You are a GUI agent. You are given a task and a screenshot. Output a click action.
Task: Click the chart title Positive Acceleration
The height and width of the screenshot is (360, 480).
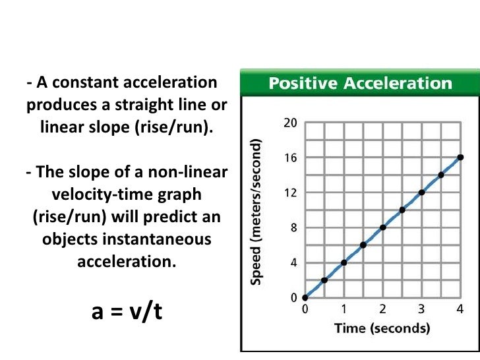point(359,84)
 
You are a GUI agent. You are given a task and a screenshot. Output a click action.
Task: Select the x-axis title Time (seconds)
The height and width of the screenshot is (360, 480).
point(382,328)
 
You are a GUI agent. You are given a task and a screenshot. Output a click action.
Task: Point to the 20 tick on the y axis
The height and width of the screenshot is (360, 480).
point(291,123)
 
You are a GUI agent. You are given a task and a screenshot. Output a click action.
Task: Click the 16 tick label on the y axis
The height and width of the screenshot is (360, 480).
point(291,158)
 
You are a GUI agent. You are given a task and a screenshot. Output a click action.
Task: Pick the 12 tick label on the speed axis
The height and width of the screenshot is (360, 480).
point(291,193)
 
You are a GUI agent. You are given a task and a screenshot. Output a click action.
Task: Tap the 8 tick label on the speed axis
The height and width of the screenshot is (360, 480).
point(293,228)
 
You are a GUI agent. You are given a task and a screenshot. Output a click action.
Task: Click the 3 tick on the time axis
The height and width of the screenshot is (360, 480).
point(421,309)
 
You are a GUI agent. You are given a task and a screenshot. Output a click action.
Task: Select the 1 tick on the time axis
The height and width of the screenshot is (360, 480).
point(344,309)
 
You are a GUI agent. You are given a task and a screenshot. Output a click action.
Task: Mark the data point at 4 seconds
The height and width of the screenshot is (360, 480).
point(460,158)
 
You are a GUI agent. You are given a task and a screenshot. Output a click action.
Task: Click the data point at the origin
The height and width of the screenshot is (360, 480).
point(305,297)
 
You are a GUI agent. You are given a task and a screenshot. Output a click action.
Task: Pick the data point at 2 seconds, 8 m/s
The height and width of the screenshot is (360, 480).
point(382,227)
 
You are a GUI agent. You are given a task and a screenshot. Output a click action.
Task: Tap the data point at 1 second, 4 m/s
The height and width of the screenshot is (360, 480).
point(344,262)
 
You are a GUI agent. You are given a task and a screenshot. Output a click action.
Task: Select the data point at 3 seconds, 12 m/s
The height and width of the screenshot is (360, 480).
point(421,193)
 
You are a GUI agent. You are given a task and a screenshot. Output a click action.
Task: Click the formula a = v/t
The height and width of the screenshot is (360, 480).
point(127,311)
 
